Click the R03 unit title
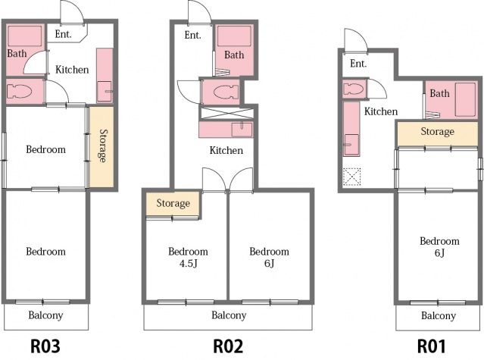[x=45, y=346]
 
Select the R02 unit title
[x=228, y=346]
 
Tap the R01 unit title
[x=432, y=346]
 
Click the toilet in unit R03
[x=19, y=91]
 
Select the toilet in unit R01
[x=354, y=89]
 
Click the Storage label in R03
[x=103, y=146]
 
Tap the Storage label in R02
[x=173, y=203]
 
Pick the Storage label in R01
[x=437, y=132]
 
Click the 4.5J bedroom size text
[x=188, y=263]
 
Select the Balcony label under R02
[x=229, y=315]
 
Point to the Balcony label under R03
[x=45, y=315]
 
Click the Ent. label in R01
[x=358, y=64]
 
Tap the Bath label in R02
[x=234, y=55]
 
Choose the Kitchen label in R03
[x=72, y=70]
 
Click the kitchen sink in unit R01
[x=351, y=144]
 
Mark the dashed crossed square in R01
[x=352, y=177]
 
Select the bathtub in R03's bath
[x=25, y=36]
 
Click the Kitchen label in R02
[x=226, y=150]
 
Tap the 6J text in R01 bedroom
[x=439, y=253]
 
